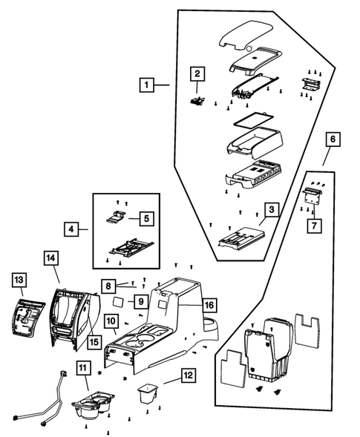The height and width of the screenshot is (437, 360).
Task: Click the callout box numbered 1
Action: pos(147,85)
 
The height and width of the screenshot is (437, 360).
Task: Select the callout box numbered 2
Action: pos(197,74)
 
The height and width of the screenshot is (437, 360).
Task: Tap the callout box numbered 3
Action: pos(272,209)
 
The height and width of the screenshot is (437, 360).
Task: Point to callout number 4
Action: pos(71,229)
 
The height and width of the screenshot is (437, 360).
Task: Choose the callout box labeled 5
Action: pos(147,218)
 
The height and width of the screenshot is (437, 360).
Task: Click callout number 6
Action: pos(333,139)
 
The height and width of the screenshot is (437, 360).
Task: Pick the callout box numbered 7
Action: pos(314,226)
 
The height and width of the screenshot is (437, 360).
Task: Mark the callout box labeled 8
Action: pos(108,286)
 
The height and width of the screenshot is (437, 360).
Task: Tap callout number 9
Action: pos(141,301)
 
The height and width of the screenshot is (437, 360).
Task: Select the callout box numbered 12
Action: pos(189,375)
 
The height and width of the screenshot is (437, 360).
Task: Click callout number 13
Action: pos(19,280)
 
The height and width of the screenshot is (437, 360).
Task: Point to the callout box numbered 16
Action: pos(209,305)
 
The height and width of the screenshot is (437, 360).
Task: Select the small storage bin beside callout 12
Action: pos(148,393)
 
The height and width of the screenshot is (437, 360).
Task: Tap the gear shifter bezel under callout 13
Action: pos(29,318)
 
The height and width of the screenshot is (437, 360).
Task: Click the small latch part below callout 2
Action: pos(197,101)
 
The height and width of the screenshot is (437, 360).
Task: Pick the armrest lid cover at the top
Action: pos(246,35)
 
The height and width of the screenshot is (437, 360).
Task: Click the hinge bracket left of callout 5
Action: pos(116,217)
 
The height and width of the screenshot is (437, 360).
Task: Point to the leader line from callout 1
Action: pos(162,85)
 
